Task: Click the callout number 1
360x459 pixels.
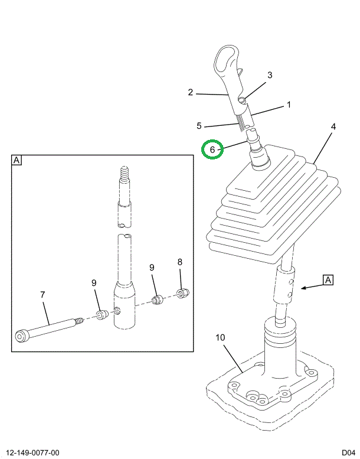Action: pyautogui.click(x=289, y=105)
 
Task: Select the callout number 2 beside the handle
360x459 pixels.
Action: pyautogui.click(x=191, y=92)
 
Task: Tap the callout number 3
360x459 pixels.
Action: pyautogui.click(x=270, y=75)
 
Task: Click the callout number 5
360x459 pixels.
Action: pyautogui.click(x=199, y=126)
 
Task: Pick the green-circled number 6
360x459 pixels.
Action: pyautogui.click(x=212, y=150)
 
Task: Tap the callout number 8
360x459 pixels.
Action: pyautogui.click(x=180, y=262)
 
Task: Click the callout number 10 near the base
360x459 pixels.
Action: pyautogui.click(x=220, y=338)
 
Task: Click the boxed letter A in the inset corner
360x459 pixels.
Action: pyautogui.click(x=17, y=160)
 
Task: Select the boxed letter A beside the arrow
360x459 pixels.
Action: pyautogui.click(x=328, y=280)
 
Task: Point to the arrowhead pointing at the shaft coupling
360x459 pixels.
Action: pyautogui.click(x=303, y=288)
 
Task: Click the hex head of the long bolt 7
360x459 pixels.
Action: pyautogui.click(x=21, y=337)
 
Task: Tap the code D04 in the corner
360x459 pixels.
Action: pyautogui.click(x=347, y=453)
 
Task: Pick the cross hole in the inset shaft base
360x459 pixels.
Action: pyautogui.click(x=119, y=313)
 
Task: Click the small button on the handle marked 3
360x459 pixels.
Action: pyautogui.click(x=242, y=98)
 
